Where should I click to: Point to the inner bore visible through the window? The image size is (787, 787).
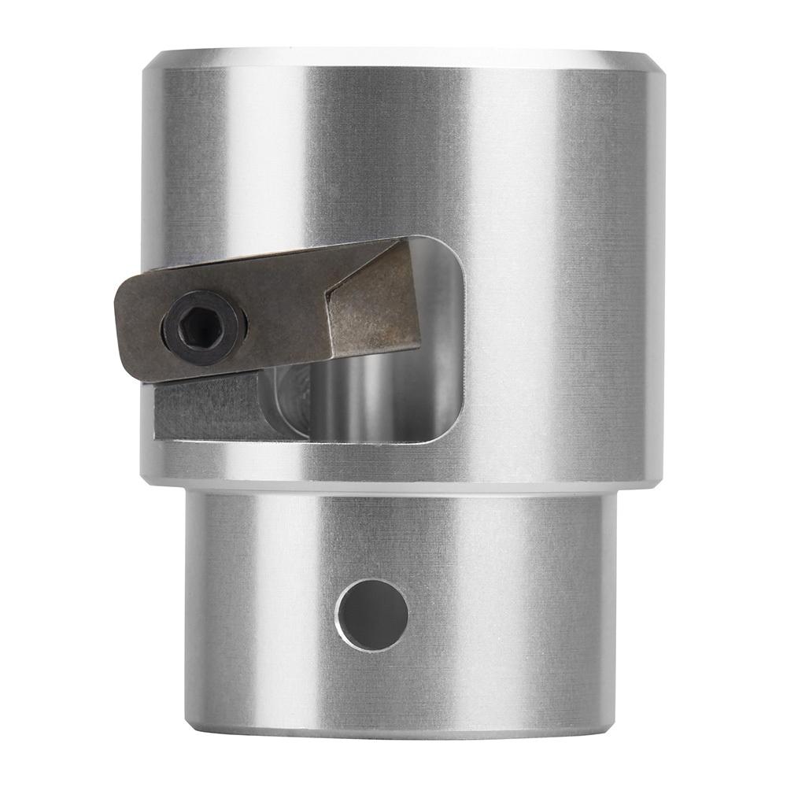[x=370, y=401]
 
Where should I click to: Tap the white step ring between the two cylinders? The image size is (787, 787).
[x=401, y=489]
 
